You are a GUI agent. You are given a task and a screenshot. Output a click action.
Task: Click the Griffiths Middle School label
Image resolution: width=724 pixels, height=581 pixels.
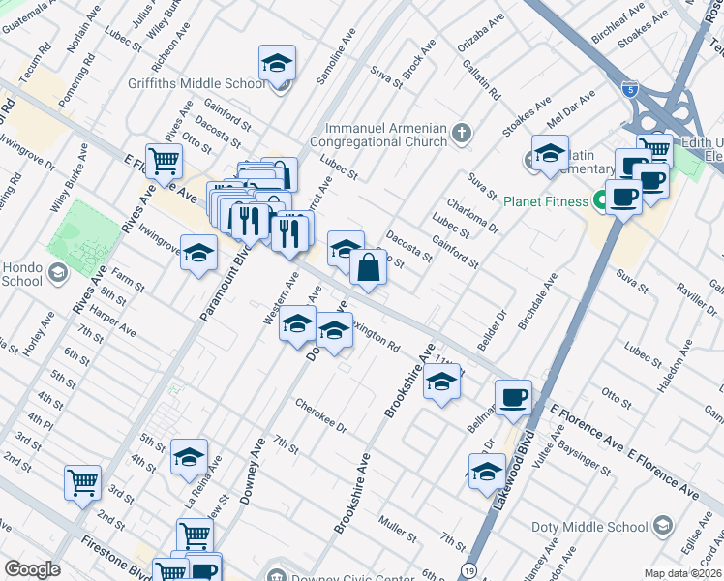(x=196, y=84)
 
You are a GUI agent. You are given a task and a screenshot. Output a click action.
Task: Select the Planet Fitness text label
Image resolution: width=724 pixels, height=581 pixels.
(x=545, y=201)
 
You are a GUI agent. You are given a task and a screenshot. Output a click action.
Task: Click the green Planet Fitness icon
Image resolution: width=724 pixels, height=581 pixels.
(x=601, y=201)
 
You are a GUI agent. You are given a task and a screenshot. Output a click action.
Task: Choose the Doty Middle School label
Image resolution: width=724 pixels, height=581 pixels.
(x=588, y=527)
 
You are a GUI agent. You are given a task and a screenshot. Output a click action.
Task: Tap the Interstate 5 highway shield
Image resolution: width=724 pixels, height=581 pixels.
(x=631, y=89)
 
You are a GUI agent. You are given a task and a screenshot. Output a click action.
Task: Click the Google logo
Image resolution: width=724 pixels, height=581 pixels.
(x=32, y=569)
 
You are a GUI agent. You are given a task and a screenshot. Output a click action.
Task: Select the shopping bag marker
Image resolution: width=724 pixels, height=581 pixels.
(x=369, y=266)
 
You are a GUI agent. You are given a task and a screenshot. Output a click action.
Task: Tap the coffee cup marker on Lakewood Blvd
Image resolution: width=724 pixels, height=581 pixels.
(x=513, y=395)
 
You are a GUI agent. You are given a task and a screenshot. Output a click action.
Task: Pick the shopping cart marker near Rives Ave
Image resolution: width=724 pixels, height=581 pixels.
(x=164, y=161)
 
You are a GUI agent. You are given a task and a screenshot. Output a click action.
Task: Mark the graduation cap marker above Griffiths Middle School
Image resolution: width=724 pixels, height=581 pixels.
(x=277, y=64)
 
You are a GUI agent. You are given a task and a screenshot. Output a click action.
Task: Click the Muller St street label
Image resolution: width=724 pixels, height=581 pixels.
(x=398, y=530)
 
